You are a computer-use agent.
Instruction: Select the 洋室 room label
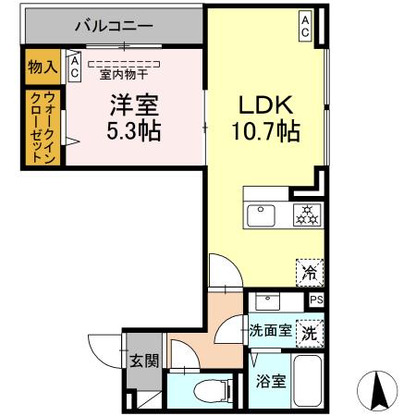(x=133, y=104)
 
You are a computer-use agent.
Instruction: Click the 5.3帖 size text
(x=133, y=132)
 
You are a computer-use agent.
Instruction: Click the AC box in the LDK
(x=304, y=26)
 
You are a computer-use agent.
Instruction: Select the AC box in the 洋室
(x=74, y=67)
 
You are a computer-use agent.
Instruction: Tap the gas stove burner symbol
(x=304, y=216)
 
